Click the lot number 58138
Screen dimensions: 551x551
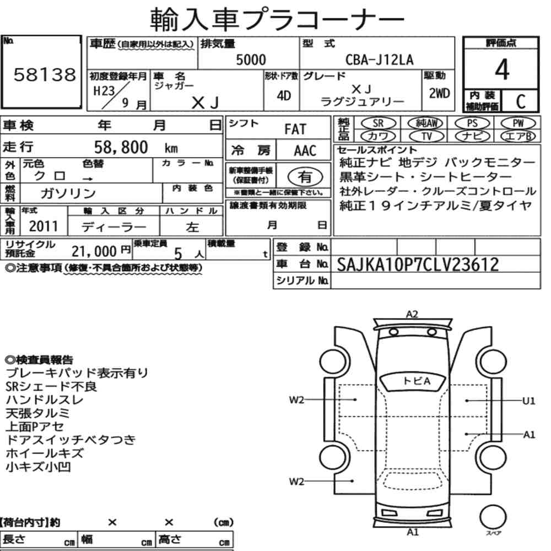45,74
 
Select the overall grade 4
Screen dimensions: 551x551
502,69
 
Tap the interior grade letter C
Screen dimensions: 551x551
521,101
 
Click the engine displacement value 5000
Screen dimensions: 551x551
251,60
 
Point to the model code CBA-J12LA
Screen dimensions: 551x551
379,60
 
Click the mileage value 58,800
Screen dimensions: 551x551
121,147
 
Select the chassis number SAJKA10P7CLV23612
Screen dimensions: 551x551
418,264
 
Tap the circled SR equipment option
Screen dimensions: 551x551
378,123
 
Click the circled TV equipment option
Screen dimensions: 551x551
426,136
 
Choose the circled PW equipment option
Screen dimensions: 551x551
518,123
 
